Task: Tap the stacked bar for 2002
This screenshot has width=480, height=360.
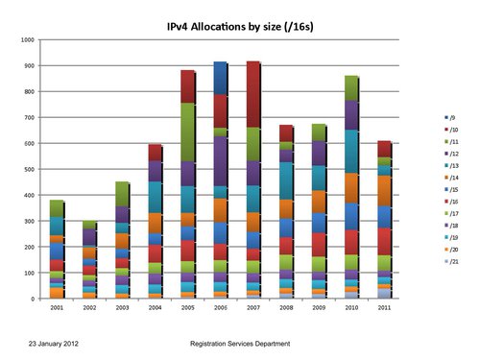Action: [89, 259]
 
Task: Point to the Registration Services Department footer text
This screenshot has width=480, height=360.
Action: [241, 342]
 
